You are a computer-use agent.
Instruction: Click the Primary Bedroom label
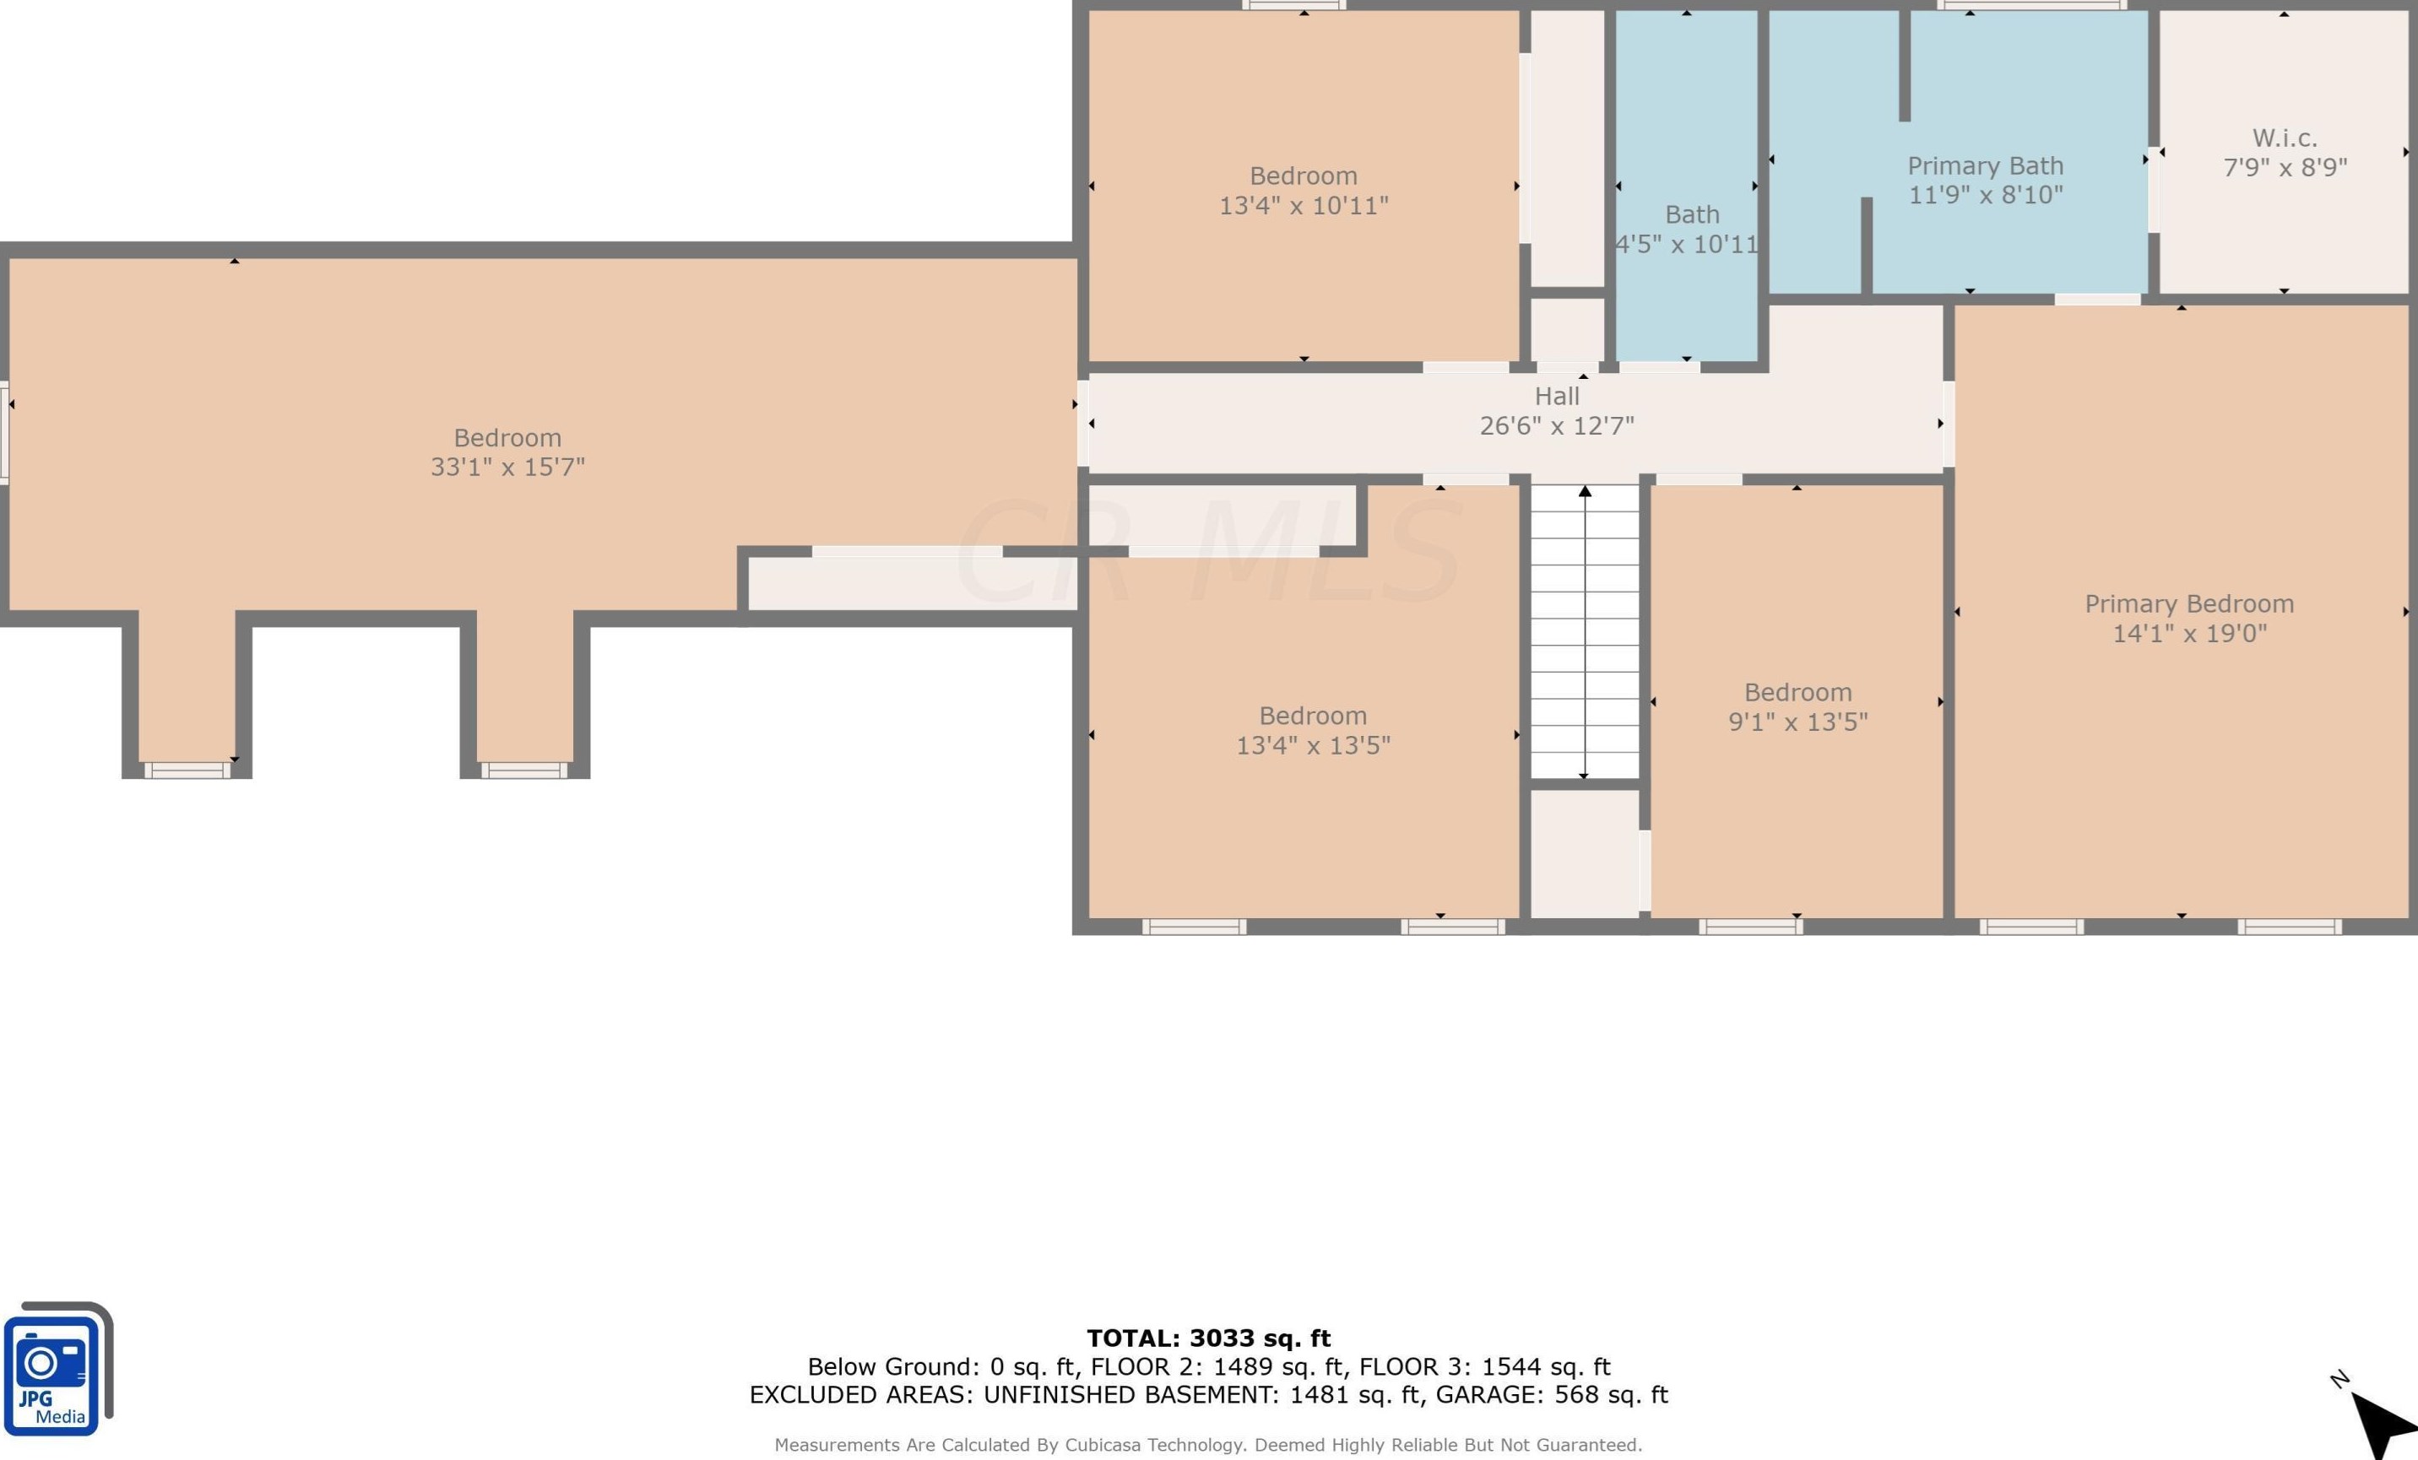2189,603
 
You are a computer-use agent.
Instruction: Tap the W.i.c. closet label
2285,138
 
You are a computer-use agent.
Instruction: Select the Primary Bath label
1985,165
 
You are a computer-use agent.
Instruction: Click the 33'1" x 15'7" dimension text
507,466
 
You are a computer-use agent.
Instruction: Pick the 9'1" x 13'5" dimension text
1797,722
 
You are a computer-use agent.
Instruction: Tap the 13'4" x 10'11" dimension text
1304,205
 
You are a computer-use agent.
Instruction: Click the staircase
1585,632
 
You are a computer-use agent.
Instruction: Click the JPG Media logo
57,1369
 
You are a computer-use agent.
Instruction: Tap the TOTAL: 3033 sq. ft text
1208,1338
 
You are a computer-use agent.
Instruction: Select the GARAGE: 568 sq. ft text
1552,1394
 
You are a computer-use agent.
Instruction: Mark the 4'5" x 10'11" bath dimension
1687,243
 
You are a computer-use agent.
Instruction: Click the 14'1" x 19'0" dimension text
2189,633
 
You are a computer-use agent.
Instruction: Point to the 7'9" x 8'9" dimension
2285,167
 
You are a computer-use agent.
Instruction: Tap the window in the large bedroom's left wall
4,433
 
